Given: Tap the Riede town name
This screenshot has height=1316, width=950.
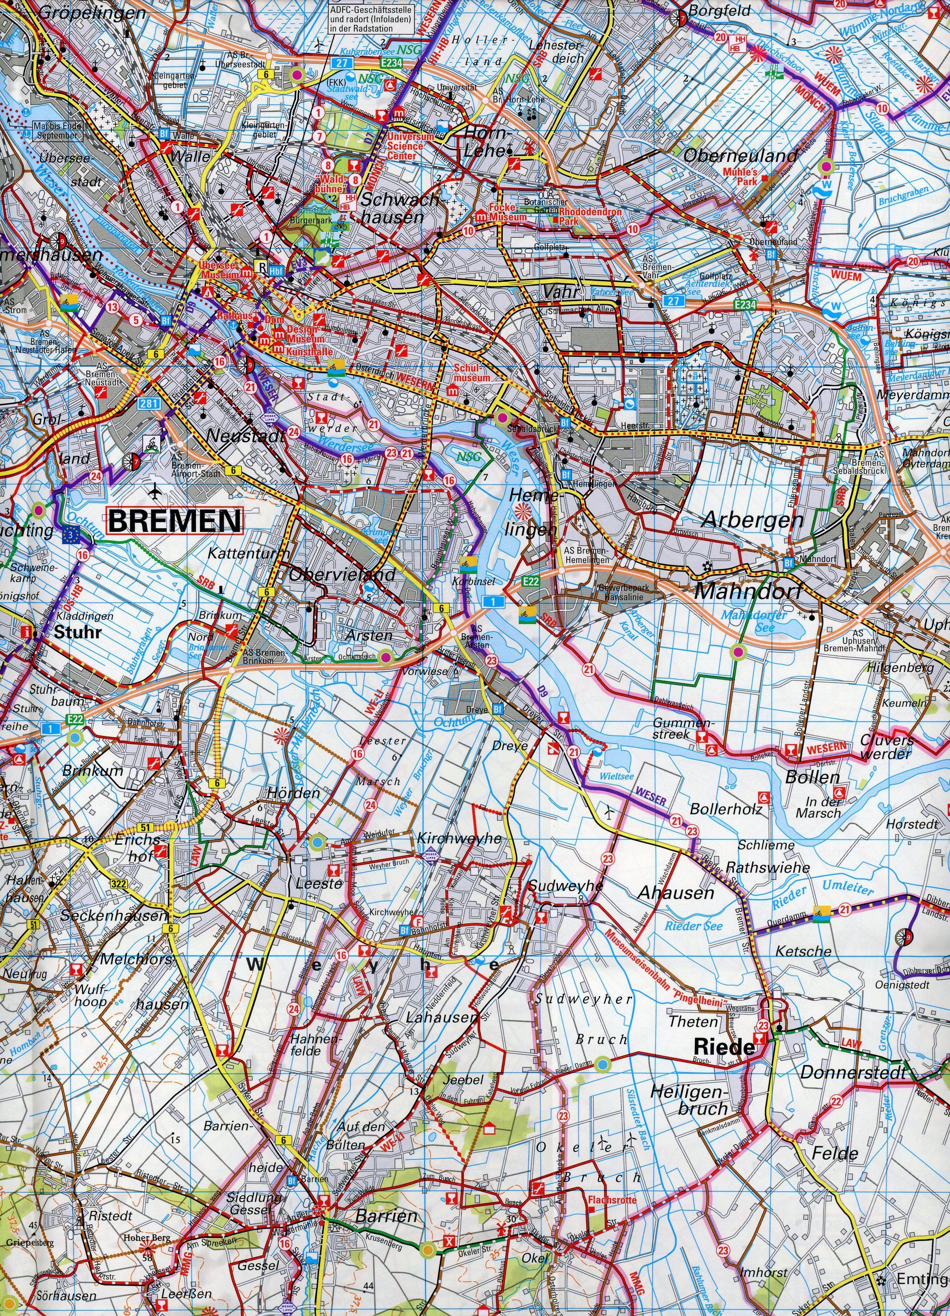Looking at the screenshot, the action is [x=725, y=1047].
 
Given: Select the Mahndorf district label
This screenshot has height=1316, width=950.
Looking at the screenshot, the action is [x=748, y=592].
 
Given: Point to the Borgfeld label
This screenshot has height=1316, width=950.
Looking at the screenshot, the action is [x=719, y=11].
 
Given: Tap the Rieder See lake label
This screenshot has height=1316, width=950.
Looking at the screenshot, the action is [x=694, y=926].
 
